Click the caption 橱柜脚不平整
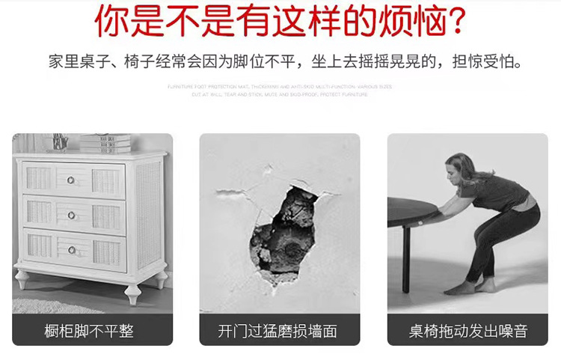89,331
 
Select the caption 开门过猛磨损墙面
278,331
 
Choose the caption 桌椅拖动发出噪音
468,331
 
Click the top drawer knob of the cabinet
72,180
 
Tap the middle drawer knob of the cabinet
72,215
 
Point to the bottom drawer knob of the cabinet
72,249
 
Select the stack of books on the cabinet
105,143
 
